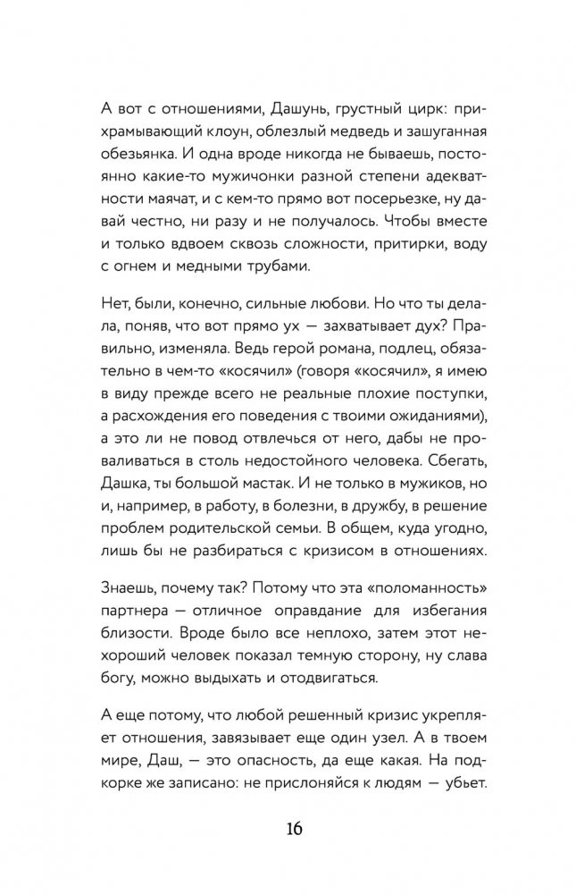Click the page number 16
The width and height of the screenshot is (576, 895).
point(288,827)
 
